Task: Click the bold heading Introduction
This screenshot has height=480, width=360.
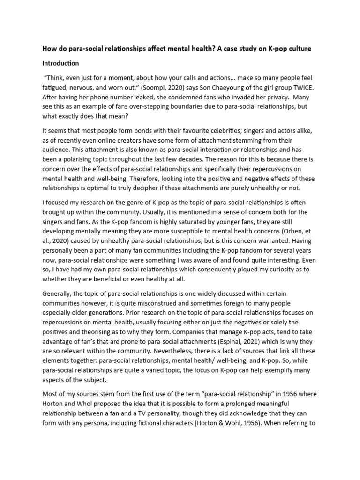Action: (60, 63)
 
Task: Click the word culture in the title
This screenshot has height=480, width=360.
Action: (298, 49)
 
